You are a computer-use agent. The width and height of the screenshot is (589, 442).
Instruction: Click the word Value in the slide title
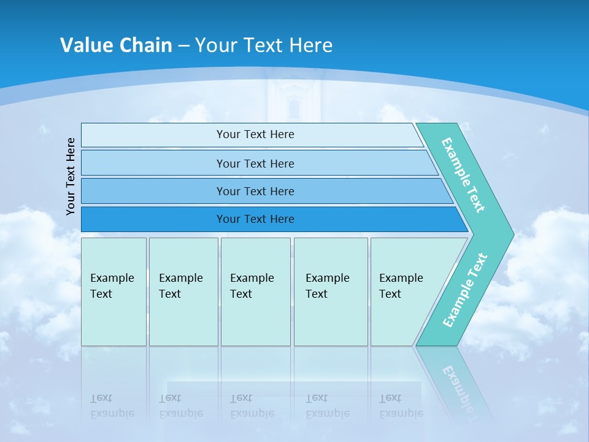click(x=85, y=45)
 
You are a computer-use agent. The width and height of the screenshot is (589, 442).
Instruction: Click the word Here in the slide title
click(x=310, y=45)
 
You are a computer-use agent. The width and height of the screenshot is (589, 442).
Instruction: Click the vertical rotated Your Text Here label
click(x=71, y=176)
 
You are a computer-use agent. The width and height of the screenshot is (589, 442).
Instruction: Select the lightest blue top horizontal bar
click(x=255, y=134)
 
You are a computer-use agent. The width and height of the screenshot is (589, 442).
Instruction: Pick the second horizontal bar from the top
click(x=255, y=163)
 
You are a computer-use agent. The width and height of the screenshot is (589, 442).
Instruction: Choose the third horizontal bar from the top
click(x=255, y=191)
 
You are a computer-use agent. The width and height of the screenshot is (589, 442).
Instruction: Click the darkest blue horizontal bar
click(x=255, y=219)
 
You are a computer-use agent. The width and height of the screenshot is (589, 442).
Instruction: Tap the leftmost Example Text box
click(x=114, y=292)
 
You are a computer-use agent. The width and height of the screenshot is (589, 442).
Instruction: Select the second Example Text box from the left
click(x=183, y=292)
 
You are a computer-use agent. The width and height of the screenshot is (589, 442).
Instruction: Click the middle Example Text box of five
click(x=255, y=292)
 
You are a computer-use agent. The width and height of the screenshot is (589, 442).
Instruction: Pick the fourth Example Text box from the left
click(x=330, y=292)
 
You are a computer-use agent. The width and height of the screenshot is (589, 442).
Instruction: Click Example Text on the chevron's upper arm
click(x=463, y=175)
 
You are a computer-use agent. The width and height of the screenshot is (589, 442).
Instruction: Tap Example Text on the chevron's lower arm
click(x=465, y=290)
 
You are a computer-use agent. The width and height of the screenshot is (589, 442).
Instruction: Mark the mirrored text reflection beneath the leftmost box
click(x=112, y=406)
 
